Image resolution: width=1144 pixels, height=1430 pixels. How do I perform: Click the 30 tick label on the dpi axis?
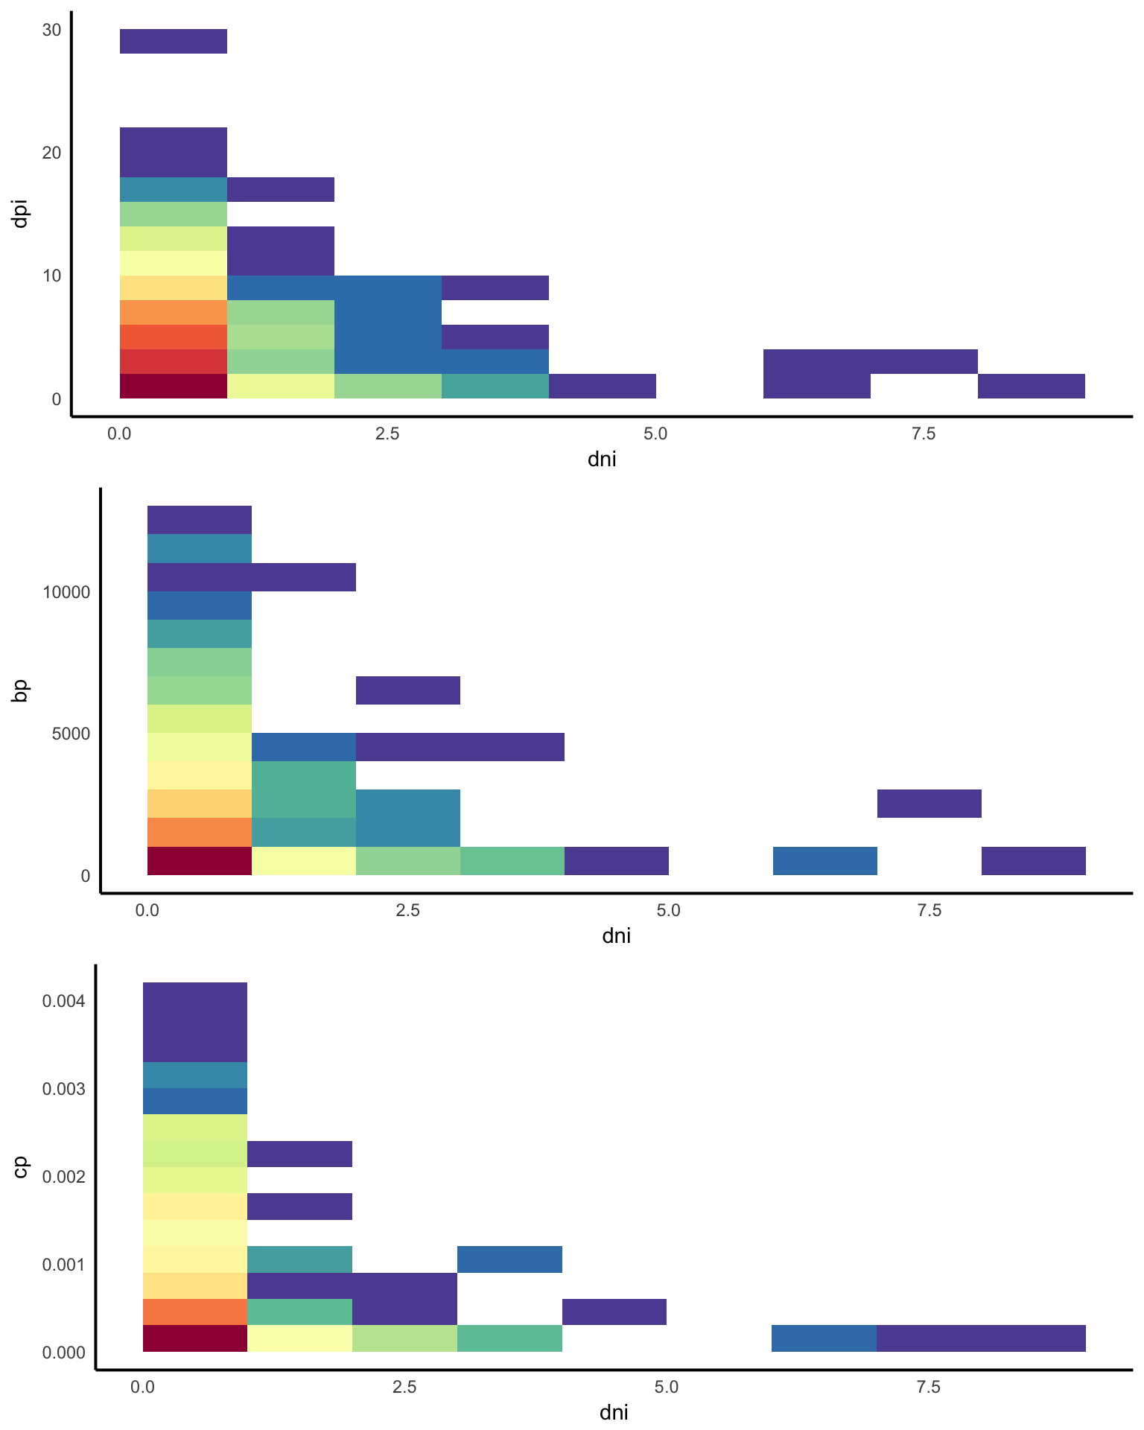pos(51,31)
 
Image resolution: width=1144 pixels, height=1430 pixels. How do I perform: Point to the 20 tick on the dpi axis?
pos(51,153)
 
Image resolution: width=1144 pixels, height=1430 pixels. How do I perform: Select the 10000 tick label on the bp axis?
pos(66,593)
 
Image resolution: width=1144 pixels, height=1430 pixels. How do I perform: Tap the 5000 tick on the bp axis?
pos(71,734)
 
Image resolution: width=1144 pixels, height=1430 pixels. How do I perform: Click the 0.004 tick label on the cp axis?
pos(64,1000)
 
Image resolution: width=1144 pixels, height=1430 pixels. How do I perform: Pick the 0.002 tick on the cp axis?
pos(64,1176)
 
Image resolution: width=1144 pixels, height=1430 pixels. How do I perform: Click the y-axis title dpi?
pos(20,214)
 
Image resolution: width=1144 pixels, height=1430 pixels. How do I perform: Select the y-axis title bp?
pos(20,690)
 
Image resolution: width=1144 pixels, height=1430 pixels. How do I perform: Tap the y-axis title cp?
pos(20,1167)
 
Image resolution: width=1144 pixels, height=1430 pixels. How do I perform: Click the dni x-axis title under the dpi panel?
pos(602,459)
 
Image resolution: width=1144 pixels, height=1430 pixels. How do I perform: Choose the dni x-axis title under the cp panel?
pos(614,1412)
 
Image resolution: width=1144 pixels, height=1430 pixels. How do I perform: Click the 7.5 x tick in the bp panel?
pos(929,910)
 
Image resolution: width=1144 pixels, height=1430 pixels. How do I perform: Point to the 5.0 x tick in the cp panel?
pos(667,1387)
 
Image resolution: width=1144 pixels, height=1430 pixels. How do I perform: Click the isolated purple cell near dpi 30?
pos(174,42)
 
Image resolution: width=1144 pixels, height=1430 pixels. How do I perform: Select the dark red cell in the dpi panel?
pos(174,387)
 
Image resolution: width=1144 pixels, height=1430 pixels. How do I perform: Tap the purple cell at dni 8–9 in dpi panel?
pos(1031,387)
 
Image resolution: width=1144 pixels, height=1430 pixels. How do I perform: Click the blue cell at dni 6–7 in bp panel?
pos(825,861)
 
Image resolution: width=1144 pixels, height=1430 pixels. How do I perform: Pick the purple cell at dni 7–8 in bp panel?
pos(929,804)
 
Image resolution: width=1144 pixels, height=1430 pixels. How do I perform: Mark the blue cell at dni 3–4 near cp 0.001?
pos(509,1259)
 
